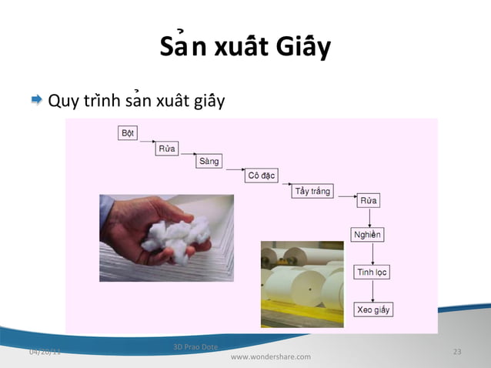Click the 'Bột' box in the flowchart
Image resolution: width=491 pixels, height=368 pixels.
(x=128, y=133)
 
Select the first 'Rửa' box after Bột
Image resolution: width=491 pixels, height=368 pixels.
(x=167, y=148)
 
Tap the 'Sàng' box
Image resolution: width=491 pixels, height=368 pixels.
(x=209, y=162)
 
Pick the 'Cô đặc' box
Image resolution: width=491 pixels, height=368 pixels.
(x=262, y=176)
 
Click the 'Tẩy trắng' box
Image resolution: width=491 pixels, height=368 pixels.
(x=312, y=190)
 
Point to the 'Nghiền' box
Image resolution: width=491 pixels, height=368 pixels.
(x=367, y=234)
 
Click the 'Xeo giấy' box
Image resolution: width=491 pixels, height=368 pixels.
(x=373, y=309)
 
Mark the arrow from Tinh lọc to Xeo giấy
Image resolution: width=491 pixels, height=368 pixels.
(x=372, y=290)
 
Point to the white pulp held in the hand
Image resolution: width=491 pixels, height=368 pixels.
(x=182, y=232)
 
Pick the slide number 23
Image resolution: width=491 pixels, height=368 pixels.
(x=457, y=352)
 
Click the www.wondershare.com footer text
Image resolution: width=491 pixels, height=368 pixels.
(x=271, y=357)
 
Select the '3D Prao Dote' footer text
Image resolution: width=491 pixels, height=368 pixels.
(x=196, y=347)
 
